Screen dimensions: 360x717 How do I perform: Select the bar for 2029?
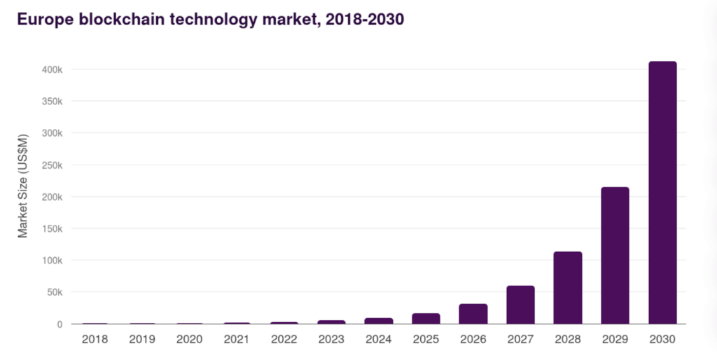coord(615,256)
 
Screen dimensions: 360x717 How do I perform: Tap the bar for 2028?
coord(568,288)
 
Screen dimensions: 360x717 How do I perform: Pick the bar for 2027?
coord(520,305)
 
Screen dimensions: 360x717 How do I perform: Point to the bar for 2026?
coord(473,314)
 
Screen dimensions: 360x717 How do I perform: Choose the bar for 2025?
coord(426,319)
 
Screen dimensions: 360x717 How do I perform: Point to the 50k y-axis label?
coord(55,292)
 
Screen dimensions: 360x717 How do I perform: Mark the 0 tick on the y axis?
coord(60,324)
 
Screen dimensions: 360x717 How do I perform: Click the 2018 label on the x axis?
coord(95,340)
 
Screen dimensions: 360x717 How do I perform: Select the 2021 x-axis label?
coord(237,340)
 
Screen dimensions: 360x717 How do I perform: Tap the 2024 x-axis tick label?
coord(379,340)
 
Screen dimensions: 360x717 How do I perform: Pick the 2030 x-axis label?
coord(662,340)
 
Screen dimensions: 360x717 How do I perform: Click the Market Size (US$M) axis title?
coord(23,185)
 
